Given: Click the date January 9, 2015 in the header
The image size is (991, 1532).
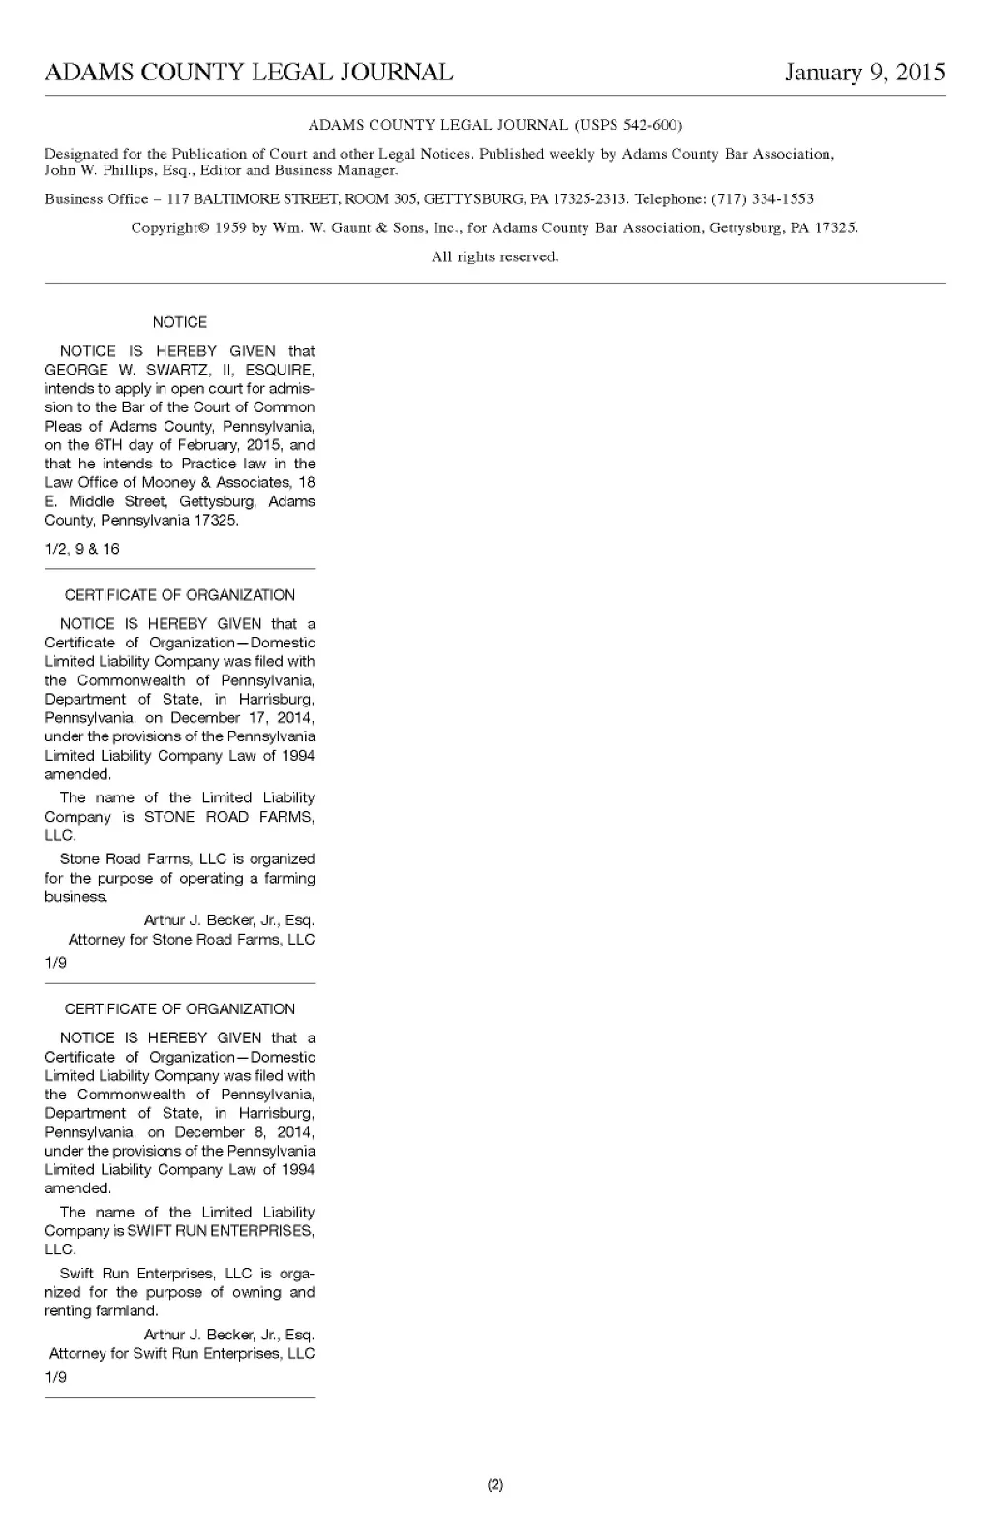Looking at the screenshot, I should click(864, 73).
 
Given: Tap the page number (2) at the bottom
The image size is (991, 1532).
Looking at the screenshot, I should click(495, 1485).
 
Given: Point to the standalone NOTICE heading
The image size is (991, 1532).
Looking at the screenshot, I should click(180, 322).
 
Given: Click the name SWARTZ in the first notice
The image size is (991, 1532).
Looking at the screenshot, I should click(173, 370).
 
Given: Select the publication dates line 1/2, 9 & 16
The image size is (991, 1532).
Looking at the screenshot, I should click(82, 549).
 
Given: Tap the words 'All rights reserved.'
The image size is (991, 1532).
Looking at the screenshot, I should click(495, 257).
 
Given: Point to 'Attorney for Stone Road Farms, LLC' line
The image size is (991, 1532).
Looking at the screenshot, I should click(192, 940).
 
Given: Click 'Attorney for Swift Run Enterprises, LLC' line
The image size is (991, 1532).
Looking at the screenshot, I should click(182, 1354).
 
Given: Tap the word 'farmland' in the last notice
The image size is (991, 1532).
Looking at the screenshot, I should click(126, 1311).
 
